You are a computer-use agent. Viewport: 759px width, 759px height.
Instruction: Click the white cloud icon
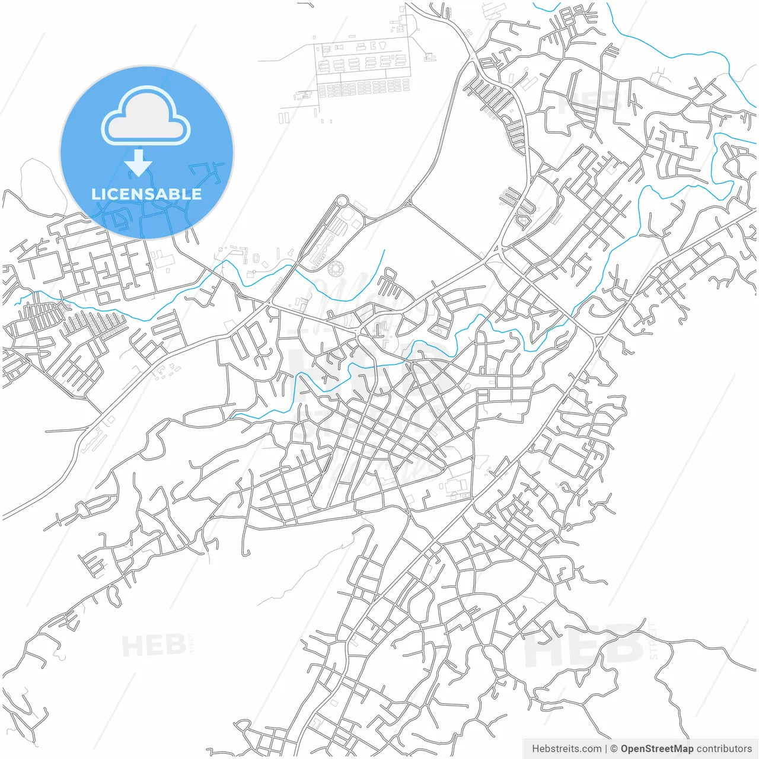[x=146, y=116]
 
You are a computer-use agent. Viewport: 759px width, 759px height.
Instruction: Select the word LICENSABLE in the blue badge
[x=146, y=194]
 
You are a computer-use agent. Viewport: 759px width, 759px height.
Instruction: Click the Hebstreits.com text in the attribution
[x=566, y=748]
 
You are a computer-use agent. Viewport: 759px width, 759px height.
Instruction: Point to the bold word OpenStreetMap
[x=657, y=748]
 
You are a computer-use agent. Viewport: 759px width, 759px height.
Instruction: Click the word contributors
[x=724, y=748]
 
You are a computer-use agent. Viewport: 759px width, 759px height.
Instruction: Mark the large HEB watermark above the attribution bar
[x=584, y=646]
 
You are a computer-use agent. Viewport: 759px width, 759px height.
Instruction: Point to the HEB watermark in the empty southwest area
[x=153, y=645]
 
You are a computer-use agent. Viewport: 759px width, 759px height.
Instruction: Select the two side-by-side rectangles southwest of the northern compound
[x=284, y=118]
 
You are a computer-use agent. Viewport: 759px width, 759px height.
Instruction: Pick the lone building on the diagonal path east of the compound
[x=429, y=58]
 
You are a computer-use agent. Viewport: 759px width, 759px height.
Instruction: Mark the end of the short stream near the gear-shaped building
[x=384, y=250]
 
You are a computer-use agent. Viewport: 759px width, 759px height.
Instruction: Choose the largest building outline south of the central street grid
[x=457, y=486]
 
